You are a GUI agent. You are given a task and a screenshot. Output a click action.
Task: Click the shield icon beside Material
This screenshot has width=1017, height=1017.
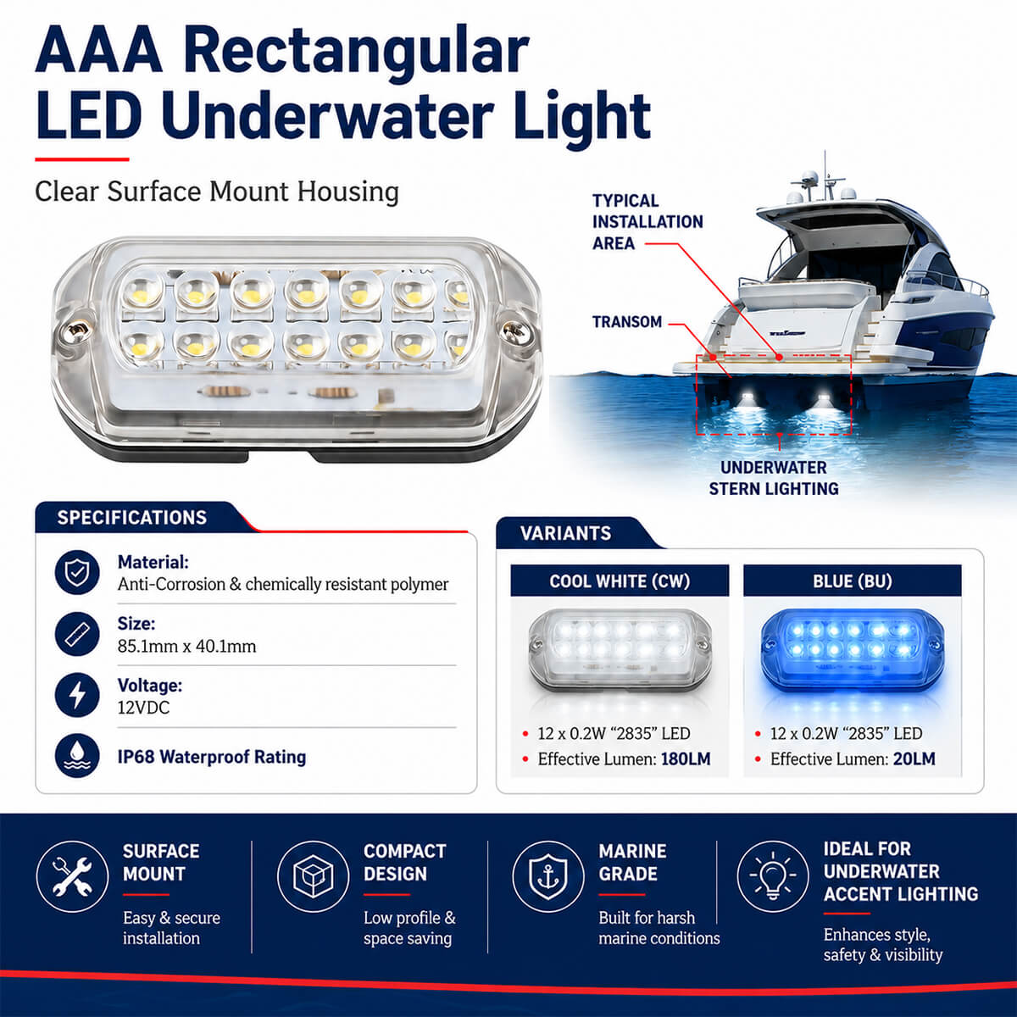(x=77, y=573)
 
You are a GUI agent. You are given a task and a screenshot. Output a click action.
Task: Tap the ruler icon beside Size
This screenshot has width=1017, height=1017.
(x=77, y=634)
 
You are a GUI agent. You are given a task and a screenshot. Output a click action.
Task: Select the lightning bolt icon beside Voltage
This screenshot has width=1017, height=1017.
(x=77, y=695)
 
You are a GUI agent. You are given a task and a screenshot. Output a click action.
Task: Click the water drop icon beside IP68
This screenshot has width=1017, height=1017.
(x=77, y=756)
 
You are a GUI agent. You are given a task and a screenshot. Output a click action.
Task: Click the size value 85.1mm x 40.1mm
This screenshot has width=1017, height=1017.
(x=186, y=647)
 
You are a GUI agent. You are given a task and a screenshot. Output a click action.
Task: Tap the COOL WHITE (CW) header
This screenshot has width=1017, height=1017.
(x=620, y=581)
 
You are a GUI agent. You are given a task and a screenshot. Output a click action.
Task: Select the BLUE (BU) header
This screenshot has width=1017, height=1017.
(x=853, y=581)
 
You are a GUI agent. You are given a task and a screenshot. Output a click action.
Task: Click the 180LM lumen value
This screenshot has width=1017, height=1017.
(x=686, y=759)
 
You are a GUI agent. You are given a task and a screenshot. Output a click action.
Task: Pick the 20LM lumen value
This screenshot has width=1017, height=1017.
(x=914, y=759)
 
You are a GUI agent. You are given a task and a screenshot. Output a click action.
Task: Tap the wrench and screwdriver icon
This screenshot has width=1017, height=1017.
(x=72, y=876)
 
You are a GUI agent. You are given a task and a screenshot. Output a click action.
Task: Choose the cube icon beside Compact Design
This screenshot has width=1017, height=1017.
(x=313, y=876)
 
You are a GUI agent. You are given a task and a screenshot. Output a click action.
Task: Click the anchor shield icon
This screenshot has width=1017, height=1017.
(x=548, y=876)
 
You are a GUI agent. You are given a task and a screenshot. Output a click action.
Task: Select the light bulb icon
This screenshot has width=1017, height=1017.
(x=773, y=876)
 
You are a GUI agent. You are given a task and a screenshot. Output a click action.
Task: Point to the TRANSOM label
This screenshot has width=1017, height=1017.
(x=627, y=321)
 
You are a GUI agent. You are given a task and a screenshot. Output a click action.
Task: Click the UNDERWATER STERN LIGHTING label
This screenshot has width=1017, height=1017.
(x=774, y=478)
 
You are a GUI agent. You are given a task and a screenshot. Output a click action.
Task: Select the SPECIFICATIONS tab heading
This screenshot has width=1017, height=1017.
(x=132, y=517)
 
